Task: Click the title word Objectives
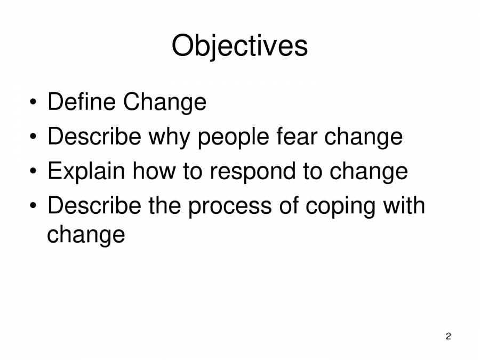(239, 47)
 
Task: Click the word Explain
(86, 172)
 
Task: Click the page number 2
(448, 336)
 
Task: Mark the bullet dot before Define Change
(34, 102)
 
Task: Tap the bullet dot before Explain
(34, 172)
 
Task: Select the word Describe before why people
(94, 137)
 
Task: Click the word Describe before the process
(94, 206)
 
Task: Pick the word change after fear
(362, 138)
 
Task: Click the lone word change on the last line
(86, 235)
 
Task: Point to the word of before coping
(290, 206)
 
